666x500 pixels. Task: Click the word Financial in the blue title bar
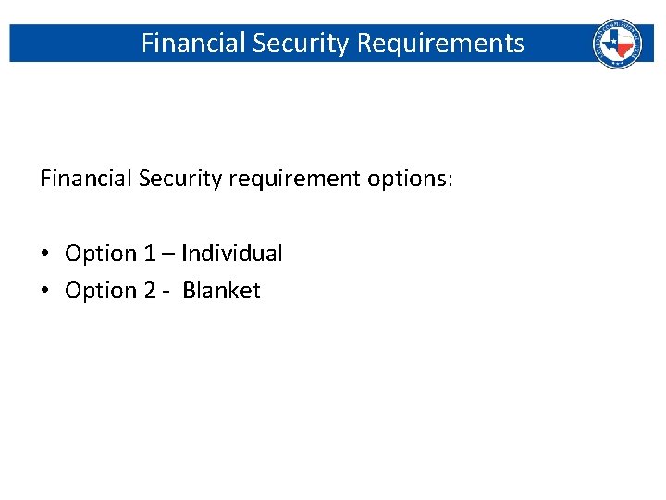click(x=193, y=44)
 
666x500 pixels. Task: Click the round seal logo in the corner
click(x=616, y=44)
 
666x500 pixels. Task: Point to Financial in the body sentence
click(x=86, y=179)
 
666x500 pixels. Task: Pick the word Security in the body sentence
click(x=180, y=179)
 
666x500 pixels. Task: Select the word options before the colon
click(x=406, y=180)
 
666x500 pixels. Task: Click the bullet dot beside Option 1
click(x=45, y=254)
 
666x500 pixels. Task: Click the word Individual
click(x=232, y=253)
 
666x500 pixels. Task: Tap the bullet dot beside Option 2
click(x=45, y=291)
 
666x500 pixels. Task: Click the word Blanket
click(x=222, y=290)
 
